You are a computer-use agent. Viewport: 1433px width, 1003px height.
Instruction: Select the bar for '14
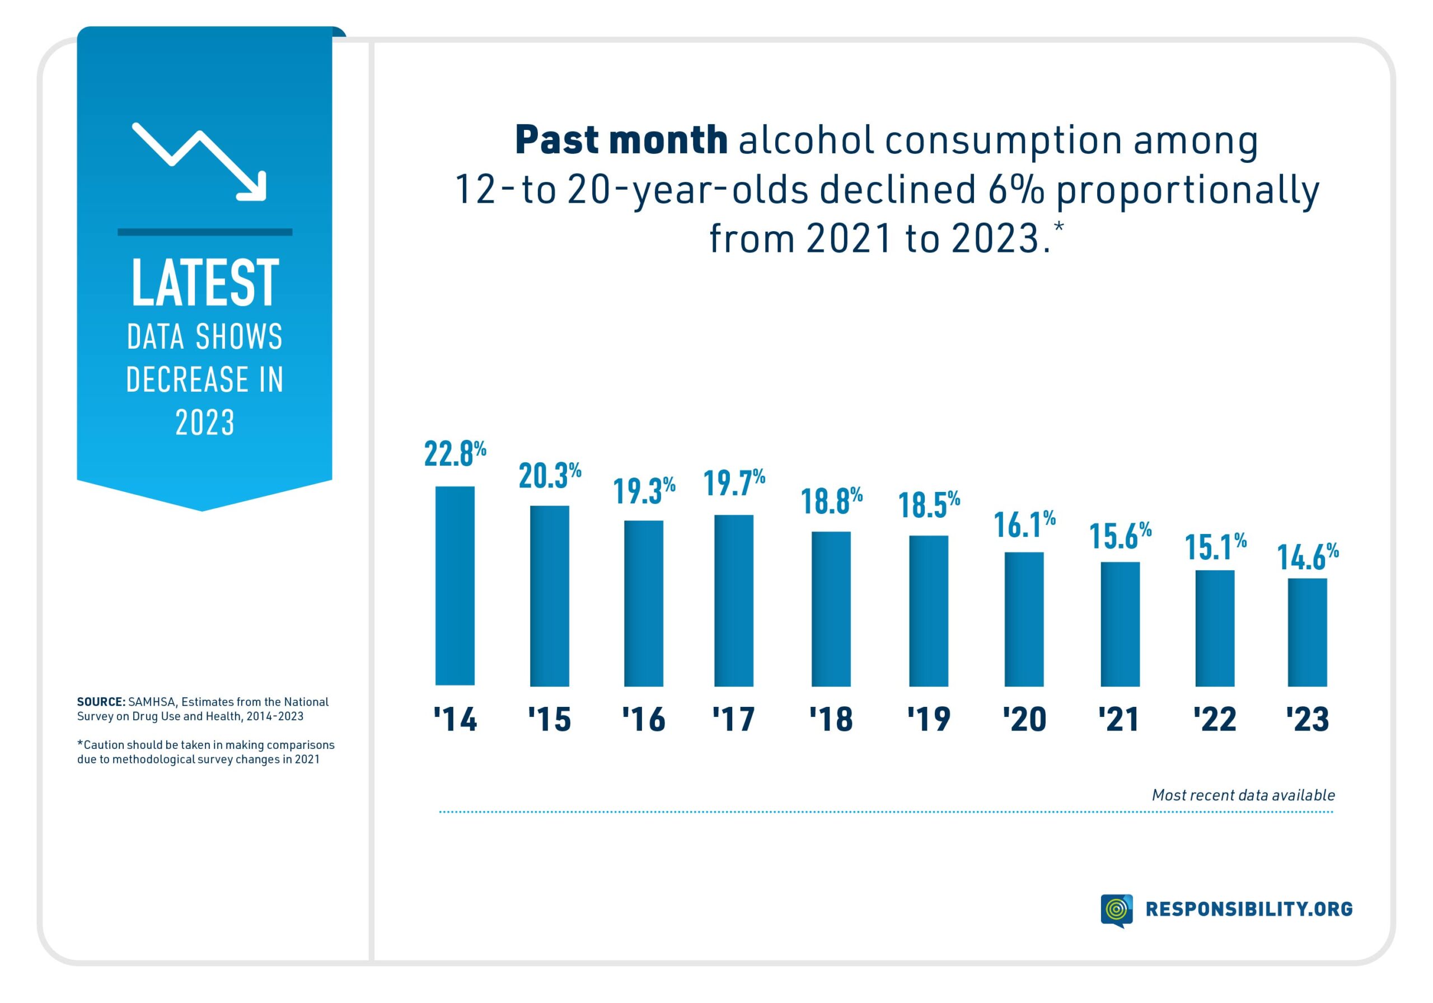[455, 585]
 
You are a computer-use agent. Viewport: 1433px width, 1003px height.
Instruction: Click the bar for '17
[733, 600]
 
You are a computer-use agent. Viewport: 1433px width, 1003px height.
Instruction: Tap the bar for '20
[1024, 618]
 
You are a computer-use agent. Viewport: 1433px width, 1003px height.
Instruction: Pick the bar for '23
[1307, 632]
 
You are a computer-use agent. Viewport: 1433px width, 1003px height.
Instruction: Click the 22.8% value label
[455, 453]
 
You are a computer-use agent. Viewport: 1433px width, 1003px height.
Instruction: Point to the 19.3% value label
[644, 490]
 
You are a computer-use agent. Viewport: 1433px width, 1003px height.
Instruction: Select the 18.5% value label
[928, 505]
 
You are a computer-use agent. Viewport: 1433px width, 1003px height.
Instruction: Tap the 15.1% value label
[1215, 547]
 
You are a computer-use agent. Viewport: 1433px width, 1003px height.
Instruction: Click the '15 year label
[549, 719]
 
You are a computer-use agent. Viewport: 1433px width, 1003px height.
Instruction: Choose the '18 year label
[831, 719]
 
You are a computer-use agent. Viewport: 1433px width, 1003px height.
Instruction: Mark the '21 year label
[1119, 719]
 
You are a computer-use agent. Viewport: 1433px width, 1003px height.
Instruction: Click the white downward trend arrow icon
[200, 162]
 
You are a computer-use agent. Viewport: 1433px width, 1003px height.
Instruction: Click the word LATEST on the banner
[205, 283]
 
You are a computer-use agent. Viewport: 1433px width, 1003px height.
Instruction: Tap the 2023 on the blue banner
[205, 423]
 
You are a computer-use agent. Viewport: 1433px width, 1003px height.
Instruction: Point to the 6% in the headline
[1015, 189]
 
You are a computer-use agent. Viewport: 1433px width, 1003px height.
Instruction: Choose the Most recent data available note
[1243, 795]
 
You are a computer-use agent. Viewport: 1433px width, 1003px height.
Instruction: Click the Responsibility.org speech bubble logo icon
[1116, 910]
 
